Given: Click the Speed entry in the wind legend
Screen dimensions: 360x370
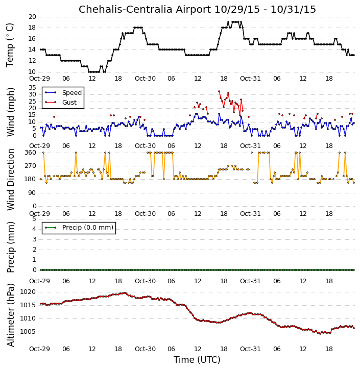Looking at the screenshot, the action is click(x=72, y=93).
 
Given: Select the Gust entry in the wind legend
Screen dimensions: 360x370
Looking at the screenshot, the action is click(x=69, y=103).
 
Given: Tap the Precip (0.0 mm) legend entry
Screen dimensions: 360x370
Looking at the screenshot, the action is click(x=88, y=228).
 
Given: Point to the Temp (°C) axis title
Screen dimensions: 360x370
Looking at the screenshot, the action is click(x=10, y=45).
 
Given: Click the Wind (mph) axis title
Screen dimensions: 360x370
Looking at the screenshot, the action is click(x=10, y=112).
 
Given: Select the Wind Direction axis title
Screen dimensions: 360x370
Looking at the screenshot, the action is click(x=10, y=180).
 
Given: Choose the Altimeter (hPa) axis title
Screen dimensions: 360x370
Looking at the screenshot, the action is click(x=10, y=315).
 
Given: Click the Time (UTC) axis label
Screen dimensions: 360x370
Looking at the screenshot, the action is click(x=197, y=360).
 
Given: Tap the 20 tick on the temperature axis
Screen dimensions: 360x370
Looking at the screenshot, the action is click(x=32, y=17).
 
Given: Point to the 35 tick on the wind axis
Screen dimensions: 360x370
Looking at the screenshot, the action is click(x=32, y=88).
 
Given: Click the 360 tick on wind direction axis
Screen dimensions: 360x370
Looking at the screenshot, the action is click(x=31, y=153).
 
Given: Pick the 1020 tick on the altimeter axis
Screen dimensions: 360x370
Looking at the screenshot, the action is click(x=28, y=292).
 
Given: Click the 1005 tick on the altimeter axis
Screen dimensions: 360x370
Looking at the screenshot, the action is click(x=28, y=332).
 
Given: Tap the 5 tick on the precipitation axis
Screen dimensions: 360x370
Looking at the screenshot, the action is click(x=34, y=219).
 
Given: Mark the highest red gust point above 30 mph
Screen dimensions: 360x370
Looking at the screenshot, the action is click(x=219, y=91).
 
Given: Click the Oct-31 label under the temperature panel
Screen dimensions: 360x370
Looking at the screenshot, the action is click(x=250, y=79).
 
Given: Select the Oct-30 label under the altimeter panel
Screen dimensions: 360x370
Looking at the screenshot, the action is click(x=145, y=349).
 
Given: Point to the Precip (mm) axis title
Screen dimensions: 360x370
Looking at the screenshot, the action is click(x=10, y=248).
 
